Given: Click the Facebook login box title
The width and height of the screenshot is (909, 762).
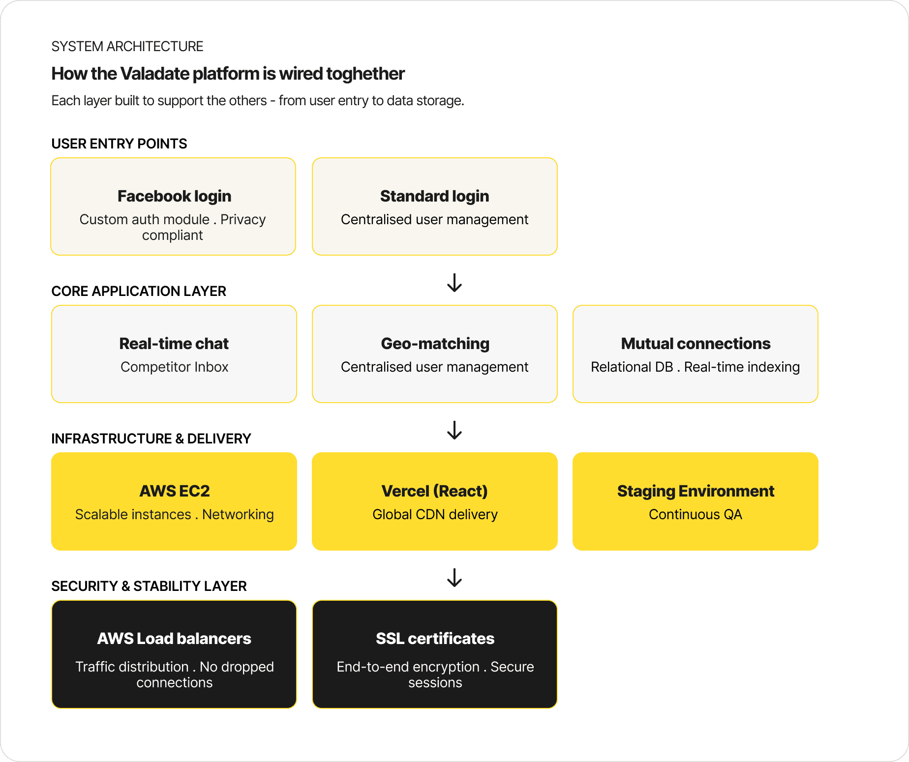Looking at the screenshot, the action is point(174,196).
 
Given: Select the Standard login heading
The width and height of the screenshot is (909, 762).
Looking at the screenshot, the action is point(435,196).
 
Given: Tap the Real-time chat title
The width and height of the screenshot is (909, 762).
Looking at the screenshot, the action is point(174,344).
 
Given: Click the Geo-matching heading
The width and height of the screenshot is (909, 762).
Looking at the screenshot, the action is point(435,344).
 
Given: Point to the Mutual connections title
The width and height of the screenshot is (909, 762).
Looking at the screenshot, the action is point(696,344).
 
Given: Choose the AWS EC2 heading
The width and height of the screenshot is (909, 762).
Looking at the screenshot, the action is point(174,491).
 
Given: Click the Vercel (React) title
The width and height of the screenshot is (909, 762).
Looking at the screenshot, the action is point(435,491).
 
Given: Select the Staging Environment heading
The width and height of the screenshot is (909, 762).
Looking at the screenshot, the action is point(696,491).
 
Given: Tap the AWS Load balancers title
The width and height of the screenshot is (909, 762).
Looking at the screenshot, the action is point(174,639).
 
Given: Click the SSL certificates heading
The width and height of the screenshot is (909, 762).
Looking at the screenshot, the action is point(435,639).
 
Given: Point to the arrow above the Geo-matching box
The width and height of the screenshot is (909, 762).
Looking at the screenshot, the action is point(454,283).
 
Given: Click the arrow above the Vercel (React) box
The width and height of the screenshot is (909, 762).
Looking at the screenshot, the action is point(454,430).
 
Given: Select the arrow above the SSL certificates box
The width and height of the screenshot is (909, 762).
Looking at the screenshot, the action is point(454,578).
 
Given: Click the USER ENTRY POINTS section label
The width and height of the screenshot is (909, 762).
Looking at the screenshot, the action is point(119,144).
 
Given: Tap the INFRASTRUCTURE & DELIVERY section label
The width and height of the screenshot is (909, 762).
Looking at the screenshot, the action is point(151,439).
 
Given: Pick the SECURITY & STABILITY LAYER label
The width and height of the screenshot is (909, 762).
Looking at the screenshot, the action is point(149,586).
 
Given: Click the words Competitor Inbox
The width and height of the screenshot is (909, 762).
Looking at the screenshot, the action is point(174,367).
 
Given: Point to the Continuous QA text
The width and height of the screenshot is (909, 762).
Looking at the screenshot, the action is point(696,515).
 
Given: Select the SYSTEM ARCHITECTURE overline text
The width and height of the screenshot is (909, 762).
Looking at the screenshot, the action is point(127,46).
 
